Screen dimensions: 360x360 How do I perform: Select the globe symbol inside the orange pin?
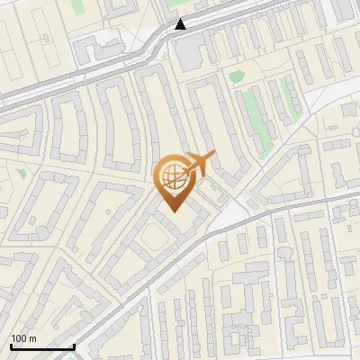[173, 175]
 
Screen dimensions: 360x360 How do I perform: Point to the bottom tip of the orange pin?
[174, 212]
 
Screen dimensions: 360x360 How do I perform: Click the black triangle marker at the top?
[181, 25]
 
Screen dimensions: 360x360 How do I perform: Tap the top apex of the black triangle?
[181, 20]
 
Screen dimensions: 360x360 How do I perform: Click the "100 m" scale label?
[23, 338]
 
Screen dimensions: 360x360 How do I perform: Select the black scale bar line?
[42, 346]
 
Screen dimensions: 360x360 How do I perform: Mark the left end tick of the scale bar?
[11, 346]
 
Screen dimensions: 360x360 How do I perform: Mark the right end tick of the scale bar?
[74, 346]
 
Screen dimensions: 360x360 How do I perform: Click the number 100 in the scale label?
[20, 338]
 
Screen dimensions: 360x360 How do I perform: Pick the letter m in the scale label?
[32, 338]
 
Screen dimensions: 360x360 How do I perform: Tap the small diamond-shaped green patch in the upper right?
[237, 76]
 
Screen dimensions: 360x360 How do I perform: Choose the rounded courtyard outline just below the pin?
[152, 239]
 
